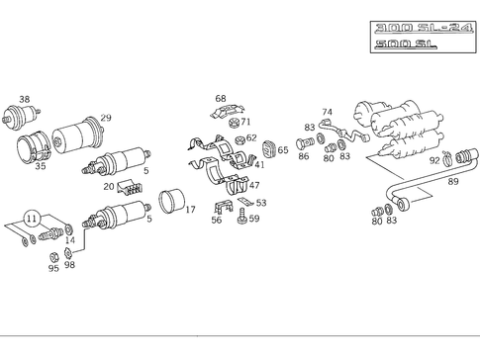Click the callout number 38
point(25,99)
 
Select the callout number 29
point(106,118)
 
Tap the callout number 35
point(41,166)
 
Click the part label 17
point(190,209)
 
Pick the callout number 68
point(221,98)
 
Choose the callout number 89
point(453,182)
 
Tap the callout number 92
point(434,160)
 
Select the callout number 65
point(283,150)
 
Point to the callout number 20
point(109,186)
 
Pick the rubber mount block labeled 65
point(265,150)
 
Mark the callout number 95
point(53,268)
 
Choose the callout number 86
point(303,157)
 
